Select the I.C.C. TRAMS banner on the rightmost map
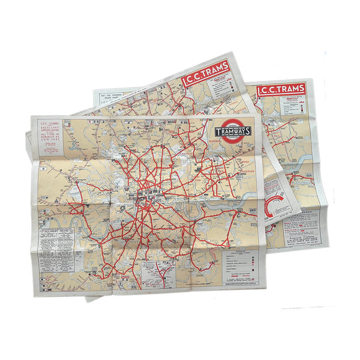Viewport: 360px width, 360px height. point(280,91)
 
